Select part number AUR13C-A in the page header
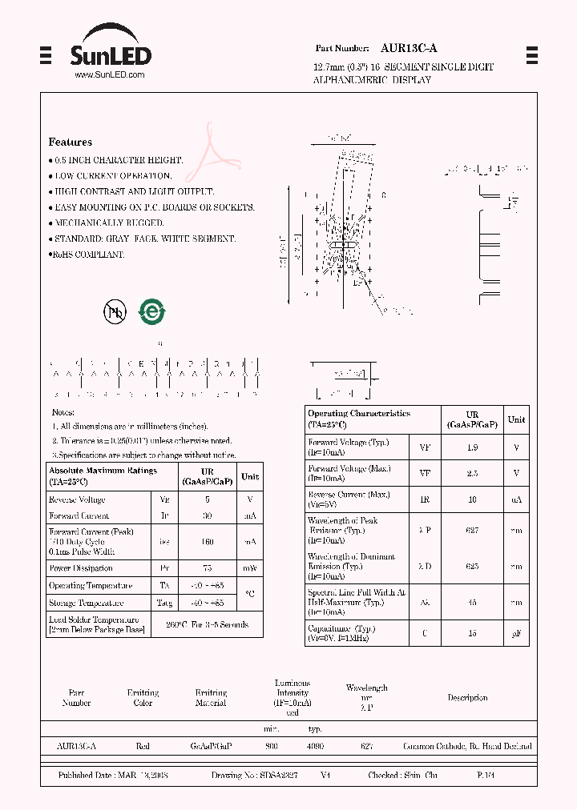click(x=409, y=48)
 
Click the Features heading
click(x=70, y=142)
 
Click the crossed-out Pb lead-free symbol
click(x=115, y=312)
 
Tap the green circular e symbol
click(x=151, y=311)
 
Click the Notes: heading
click(x=63, y=412)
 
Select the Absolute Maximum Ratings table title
click(x=103, y=471)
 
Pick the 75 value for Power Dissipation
click(x=207, y=568)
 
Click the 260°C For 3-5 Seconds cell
click(x=207, y=624)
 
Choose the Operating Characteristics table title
click(x=358, y=414)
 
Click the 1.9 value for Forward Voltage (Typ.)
click(x=472, y=447)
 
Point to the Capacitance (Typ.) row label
click(x=341, y=628)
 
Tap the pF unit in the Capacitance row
click(x=516, y=633)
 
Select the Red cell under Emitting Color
click(x=143, y=746)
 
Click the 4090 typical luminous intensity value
click(x=315, y=746)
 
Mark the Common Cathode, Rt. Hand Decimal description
click(x=467, y=746)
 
